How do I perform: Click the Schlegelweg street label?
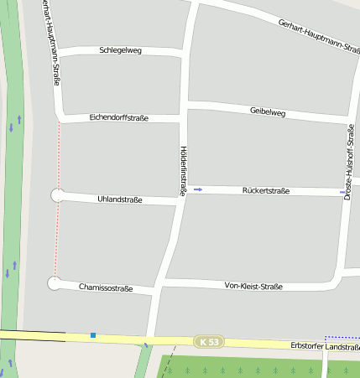tap(120, 50)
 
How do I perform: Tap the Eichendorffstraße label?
tap(118, 118)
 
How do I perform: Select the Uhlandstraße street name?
tap(120, 199)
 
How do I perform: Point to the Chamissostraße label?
tap(106, 287)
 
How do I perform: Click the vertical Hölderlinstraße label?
tap(183, 170)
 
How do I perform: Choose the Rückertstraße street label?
tap(265, 191)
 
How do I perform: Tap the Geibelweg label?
tap(268, 111)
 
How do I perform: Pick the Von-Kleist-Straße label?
tap(253, 286)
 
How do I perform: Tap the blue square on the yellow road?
tap(93, 335)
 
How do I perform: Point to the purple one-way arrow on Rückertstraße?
tap(198, 190)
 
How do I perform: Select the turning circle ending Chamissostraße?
tap(55, 283)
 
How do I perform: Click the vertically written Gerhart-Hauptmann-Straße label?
tap(50, 42)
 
